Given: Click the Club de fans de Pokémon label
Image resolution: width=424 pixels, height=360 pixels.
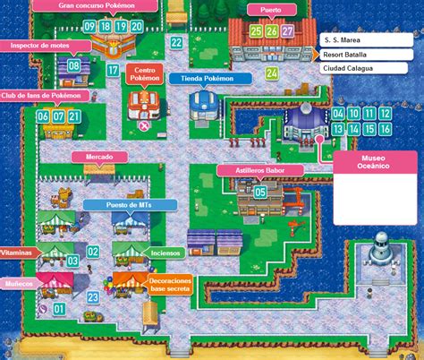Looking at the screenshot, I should point(47,96).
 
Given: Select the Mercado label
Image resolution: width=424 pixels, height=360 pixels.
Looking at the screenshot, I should point(99,157).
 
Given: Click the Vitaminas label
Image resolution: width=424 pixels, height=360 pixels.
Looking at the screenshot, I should point(17,254).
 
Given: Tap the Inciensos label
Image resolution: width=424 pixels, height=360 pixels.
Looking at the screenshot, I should point(165,253).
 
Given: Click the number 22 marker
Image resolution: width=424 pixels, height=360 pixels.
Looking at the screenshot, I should point(177,42).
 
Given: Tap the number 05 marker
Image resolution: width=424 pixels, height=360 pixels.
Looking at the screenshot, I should point(260,190).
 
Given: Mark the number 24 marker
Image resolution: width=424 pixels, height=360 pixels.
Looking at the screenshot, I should point(272,72).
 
